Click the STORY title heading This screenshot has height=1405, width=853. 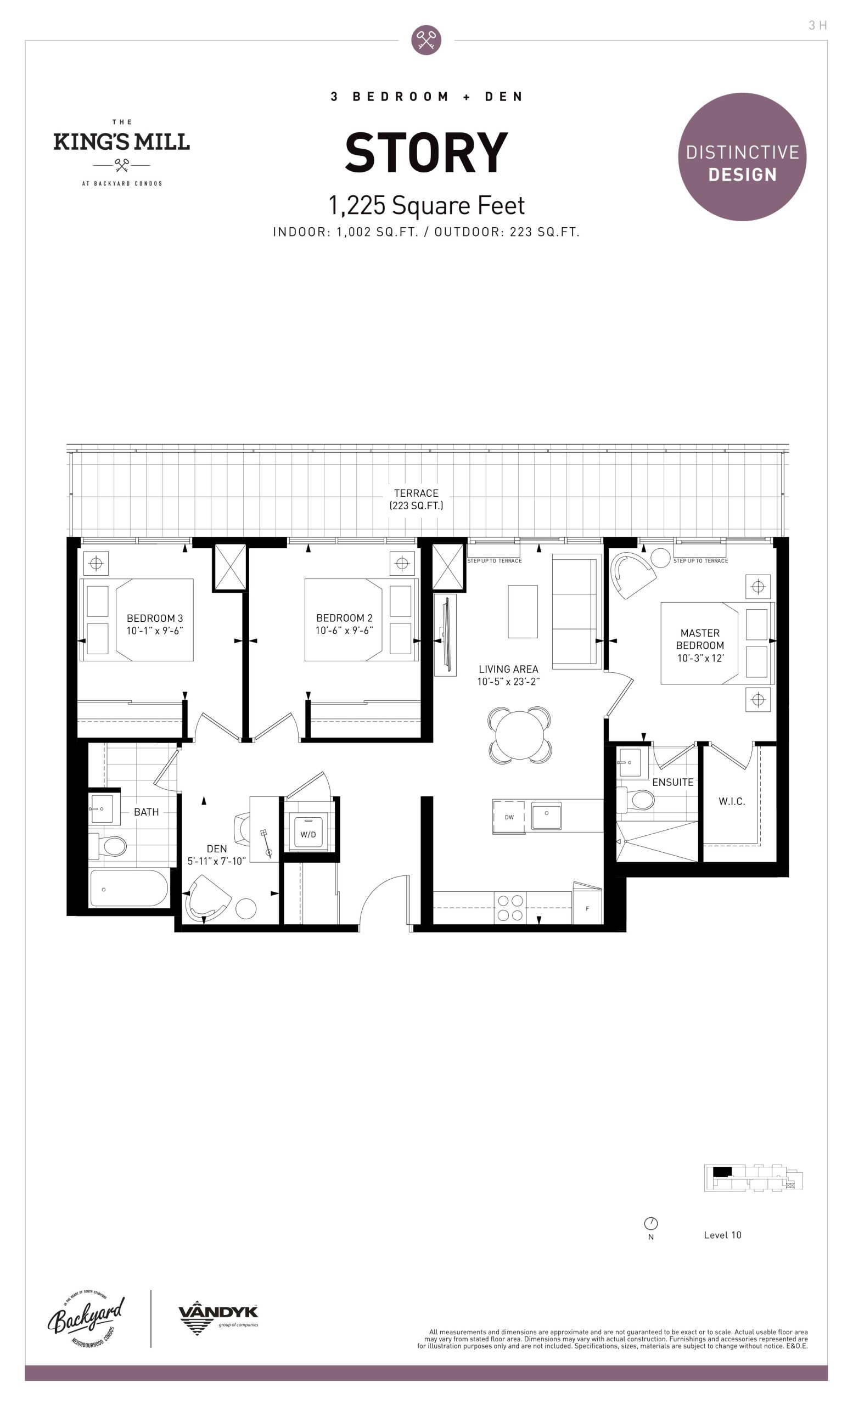[426, 152]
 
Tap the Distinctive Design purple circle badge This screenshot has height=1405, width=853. [742, 157]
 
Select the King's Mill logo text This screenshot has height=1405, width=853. [121, 142]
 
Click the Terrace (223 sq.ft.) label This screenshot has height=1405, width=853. [416, 499]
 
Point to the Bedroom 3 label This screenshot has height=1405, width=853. [155, 618]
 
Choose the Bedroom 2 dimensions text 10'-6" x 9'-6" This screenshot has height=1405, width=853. [344, 631]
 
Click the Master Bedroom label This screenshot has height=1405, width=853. [700, 639]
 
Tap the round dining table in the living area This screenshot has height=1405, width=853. [519, 735]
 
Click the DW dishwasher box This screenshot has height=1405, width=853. [509, 817]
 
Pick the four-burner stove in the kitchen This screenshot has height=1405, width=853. [510, 908]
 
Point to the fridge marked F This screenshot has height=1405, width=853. [587, 905]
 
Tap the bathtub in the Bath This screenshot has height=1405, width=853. [129, 889]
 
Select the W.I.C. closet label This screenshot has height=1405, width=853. [732, 801]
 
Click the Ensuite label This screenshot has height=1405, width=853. [673, 782]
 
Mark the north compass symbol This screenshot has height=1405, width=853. [650, 1223]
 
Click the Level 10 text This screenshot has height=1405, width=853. [722, 1235]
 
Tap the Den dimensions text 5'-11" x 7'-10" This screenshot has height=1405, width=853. [217, 861]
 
